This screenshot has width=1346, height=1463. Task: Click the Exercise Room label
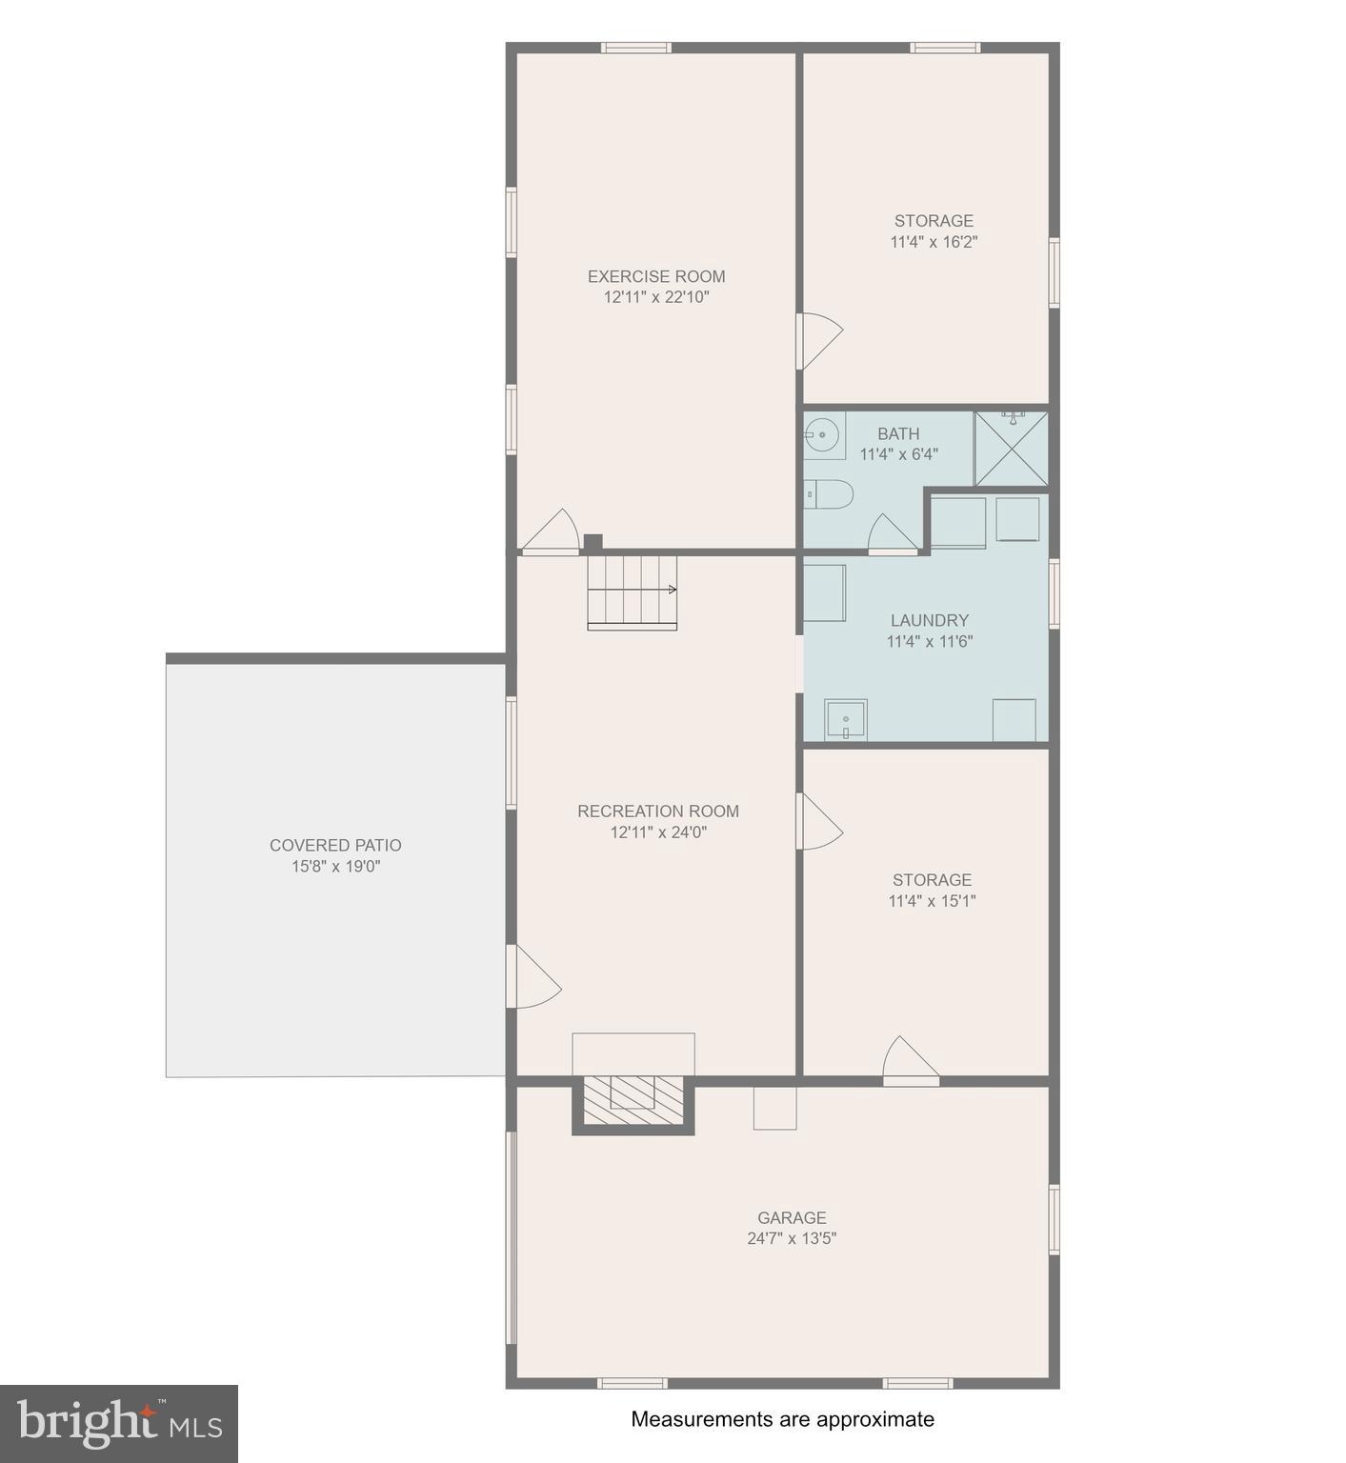coord(655,276)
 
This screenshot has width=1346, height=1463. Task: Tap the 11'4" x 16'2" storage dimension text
coord(934,242)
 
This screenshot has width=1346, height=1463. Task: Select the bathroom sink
coord(823,435)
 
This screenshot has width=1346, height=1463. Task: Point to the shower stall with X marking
coord(1011,449)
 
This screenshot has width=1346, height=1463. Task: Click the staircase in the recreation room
coord(632,592)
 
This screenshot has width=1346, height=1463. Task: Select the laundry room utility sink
coord(845,720)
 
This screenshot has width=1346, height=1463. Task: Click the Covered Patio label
coord(335,845)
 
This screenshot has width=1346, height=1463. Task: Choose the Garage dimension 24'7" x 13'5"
coord(792,1238)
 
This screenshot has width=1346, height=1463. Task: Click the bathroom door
coord(892,535)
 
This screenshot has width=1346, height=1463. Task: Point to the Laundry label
coord(929,620)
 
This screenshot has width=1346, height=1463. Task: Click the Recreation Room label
coord(657,811)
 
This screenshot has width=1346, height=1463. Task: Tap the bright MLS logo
coord(119,1424)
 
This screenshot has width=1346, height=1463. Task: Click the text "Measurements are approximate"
coord(782,1419)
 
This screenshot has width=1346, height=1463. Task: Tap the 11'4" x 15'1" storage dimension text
coord(932,901)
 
